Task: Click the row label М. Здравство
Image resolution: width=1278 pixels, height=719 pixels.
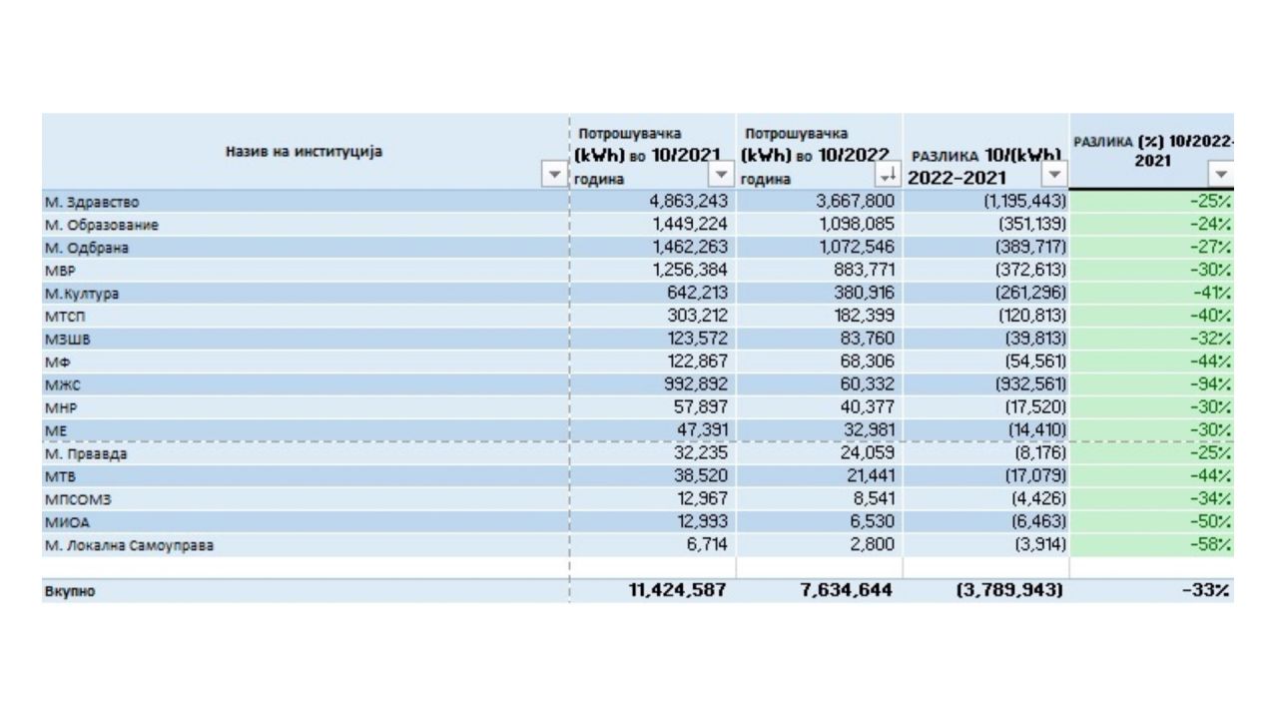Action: tap(93, 203)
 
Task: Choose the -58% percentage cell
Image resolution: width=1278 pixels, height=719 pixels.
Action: tap(1209, 545)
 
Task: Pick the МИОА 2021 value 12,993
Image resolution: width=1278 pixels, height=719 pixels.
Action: tap(698, 521)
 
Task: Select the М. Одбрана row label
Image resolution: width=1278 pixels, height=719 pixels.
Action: tap(87, 246)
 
